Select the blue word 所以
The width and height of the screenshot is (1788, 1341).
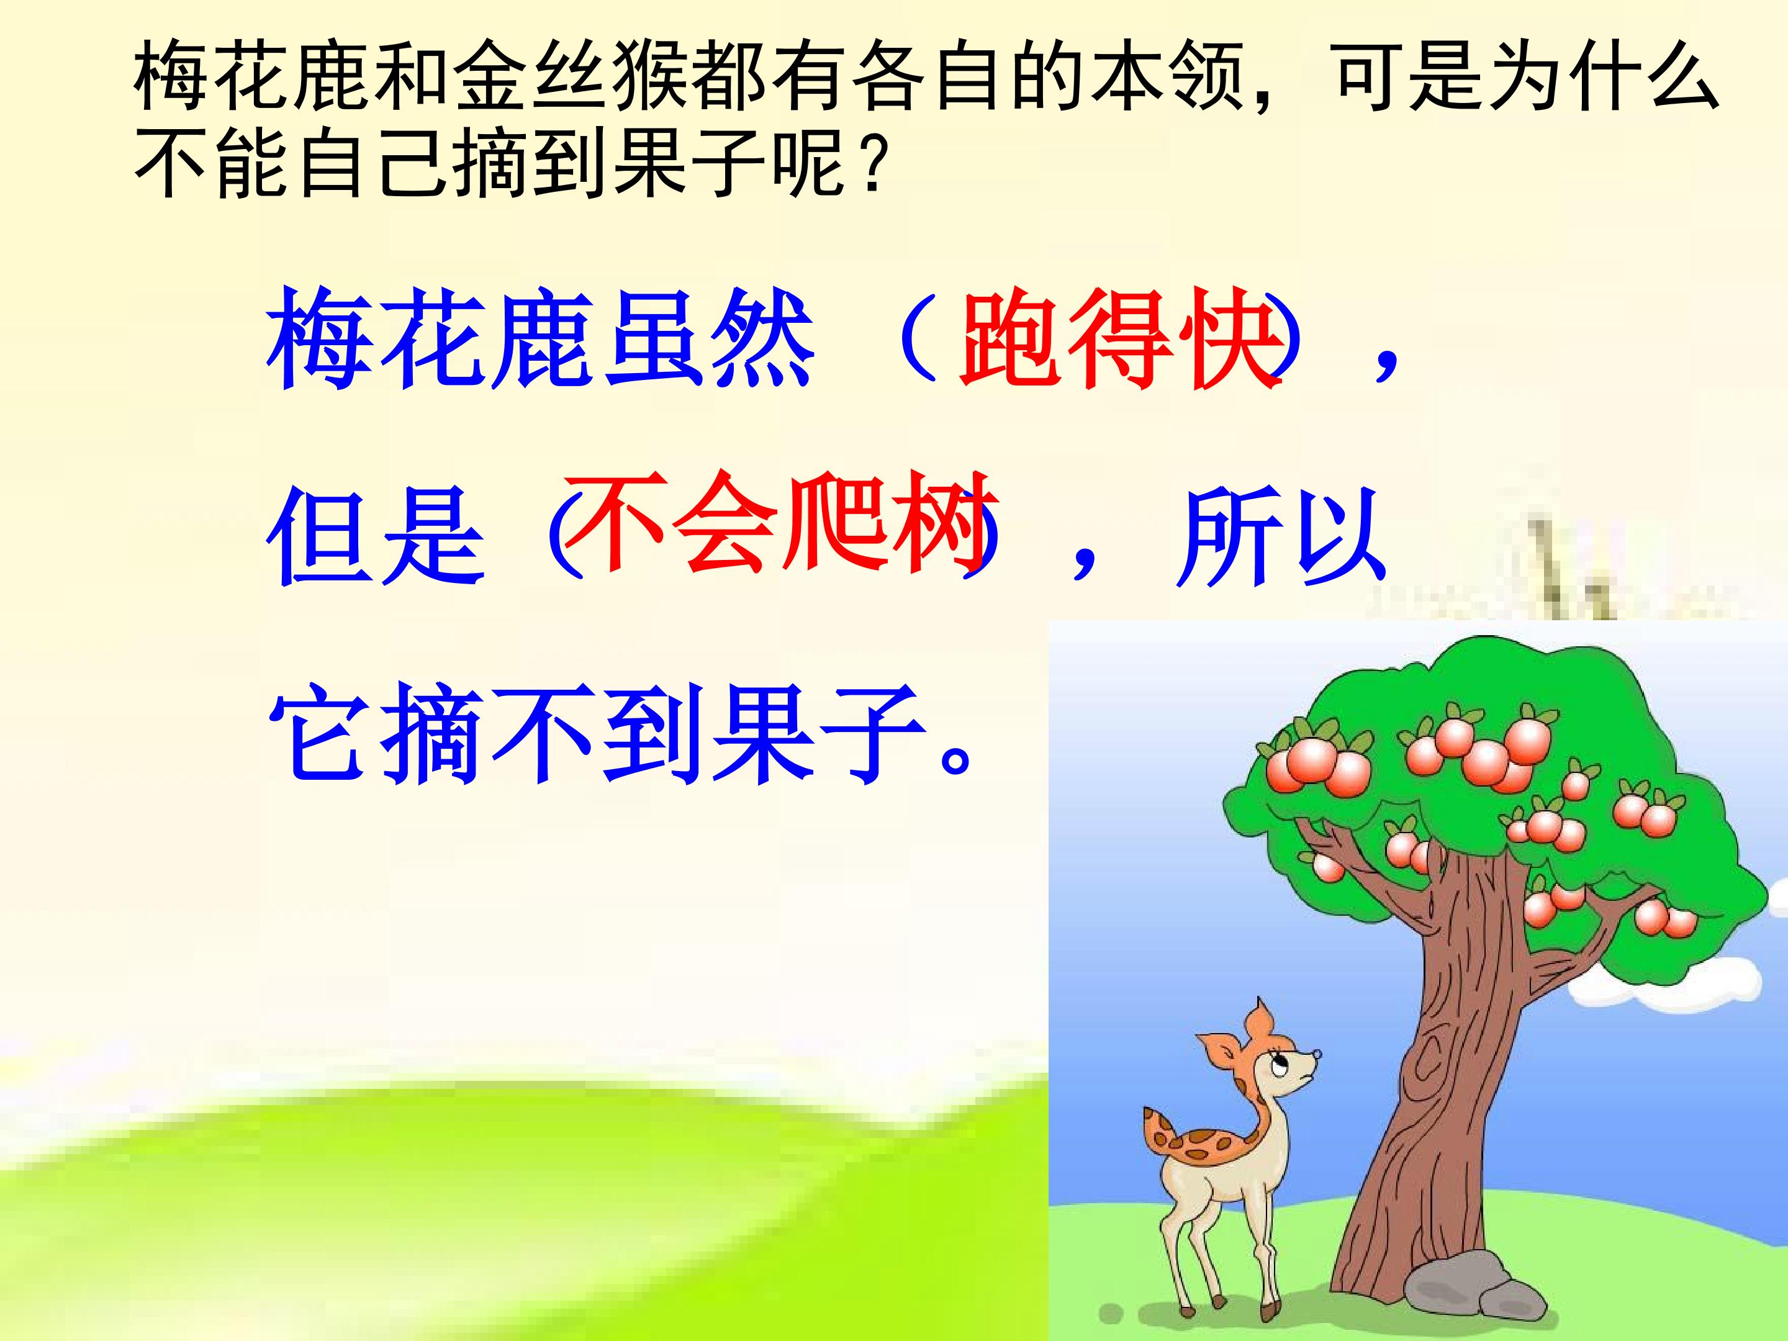click(1281, 538)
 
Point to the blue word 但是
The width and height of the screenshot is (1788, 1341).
click(376, 538)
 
